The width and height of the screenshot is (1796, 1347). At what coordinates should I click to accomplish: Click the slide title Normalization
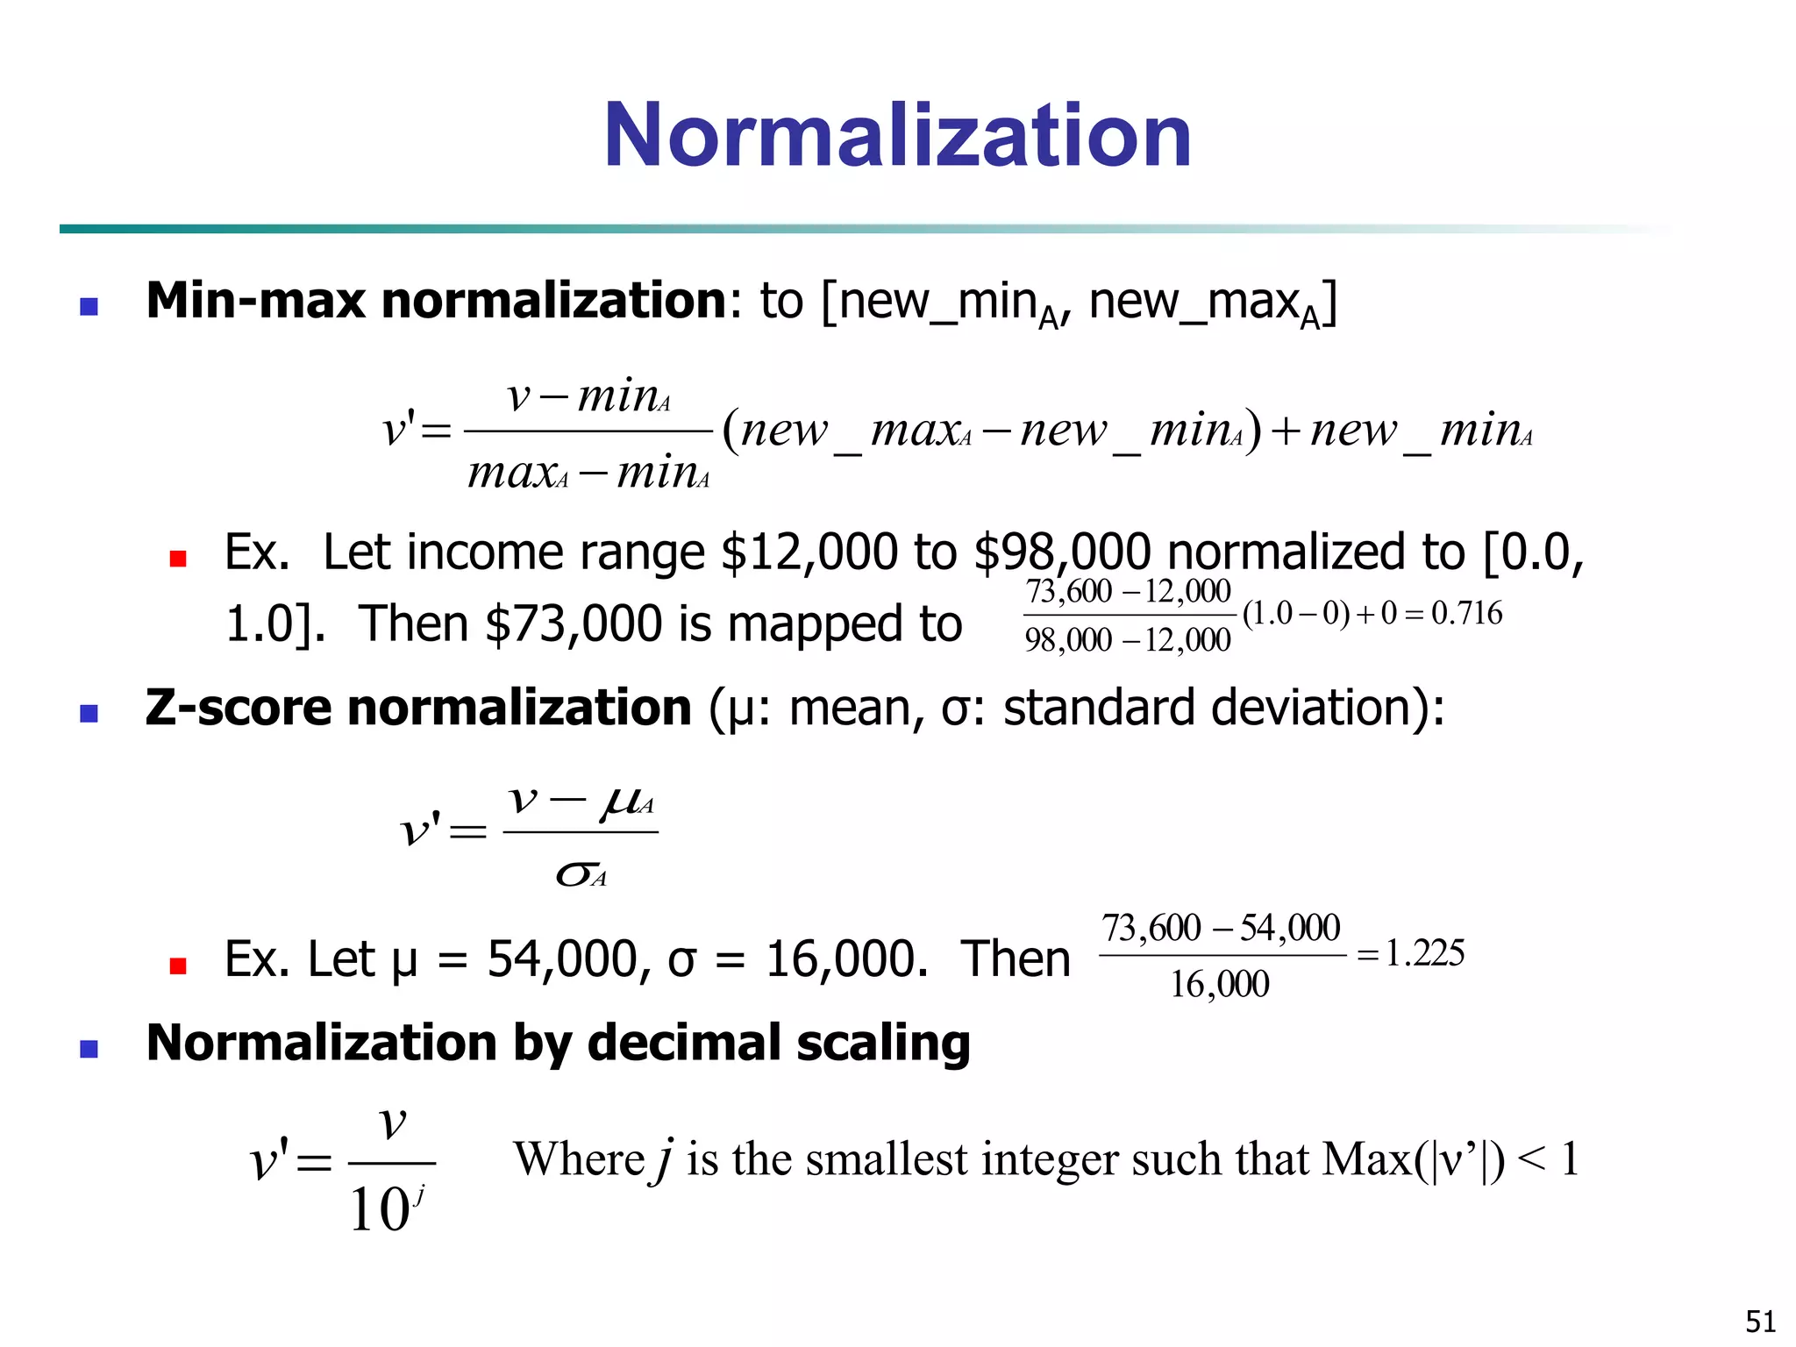[x=897, y=135]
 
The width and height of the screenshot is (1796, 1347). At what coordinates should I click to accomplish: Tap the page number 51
[x=1761, y=1321]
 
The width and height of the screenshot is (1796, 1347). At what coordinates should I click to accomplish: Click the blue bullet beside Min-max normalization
[x=89, y=306]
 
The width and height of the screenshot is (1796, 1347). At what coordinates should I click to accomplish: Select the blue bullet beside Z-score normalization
[x=89, y=713]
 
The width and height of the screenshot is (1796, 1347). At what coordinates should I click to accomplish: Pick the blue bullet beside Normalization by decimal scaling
[x=89, y=1049]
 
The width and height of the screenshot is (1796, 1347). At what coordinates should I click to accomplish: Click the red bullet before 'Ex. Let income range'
[x=178, y=559]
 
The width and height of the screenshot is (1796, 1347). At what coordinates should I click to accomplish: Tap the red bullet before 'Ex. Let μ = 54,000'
[x=178, y=966]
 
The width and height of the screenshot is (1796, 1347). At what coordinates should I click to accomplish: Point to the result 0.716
[x=1466, y=613]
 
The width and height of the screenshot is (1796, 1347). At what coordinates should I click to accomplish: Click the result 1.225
[x=1424, y=953]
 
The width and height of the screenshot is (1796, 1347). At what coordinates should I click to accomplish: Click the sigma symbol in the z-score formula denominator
[x=574, y=873]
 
